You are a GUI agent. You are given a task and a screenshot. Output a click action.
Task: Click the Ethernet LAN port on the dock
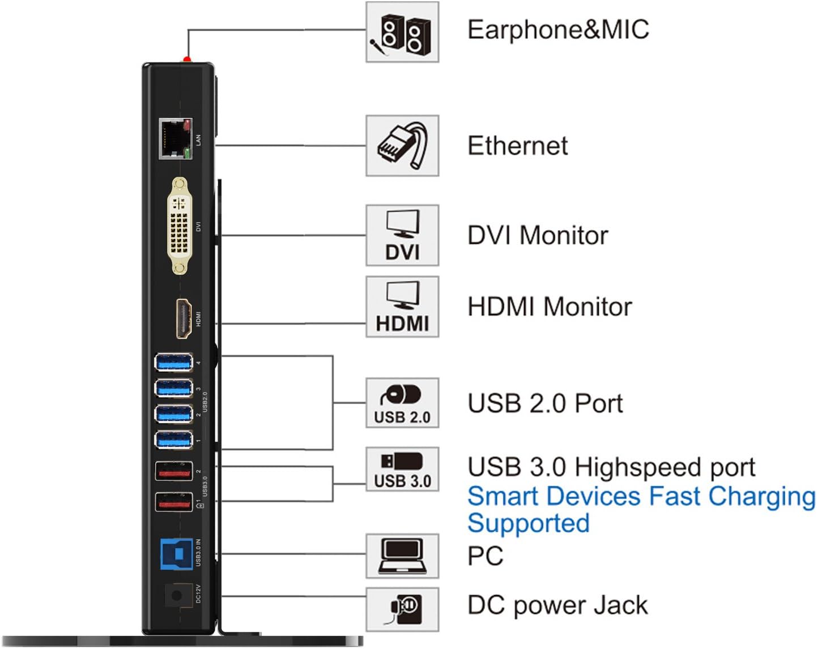coord(175,139)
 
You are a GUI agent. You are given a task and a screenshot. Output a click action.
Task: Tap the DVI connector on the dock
coord(180,226)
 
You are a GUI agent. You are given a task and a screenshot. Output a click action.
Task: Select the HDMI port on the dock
coord(184,319)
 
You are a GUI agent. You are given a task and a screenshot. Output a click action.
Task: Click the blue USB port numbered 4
coord(174,362)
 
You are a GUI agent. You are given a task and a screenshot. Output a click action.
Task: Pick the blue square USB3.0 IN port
coord(176,553)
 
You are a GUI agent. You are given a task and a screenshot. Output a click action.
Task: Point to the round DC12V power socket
coord(176,596)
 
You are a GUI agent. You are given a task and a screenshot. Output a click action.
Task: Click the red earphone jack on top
coord(187,59)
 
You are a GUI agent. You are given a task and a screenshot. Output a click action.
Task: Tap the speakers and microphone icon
coord(402,32)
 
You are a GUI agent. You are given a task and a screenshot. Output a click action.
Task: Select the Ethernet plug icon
coord(402,146)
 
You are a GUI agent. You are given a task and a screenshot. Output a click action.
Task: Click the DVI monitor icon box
coord(402,235)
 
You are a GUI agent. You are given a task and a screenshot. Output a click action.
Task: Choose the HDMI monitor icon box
coord(402,307)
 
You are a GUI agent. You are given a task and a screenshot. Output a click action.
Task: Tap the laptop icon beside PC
coord(402,556)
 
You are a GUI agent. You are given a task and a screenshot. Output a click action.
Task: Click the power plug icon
coord(402,609)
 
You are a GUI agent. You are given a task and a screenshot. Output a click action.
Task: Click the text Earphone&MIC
coord(558,30)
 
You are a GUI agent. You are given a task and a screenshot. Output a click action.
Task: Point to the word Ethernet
coord(517,146)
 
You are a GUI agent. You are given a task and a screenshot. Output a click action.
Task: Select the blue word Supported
coord(528,523)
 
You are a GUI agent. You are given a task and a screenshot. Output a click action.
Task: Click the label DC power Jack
coord(557,605)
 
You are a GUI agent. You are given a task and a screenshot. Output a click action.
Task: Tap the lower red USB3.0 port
coord(174,503)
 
